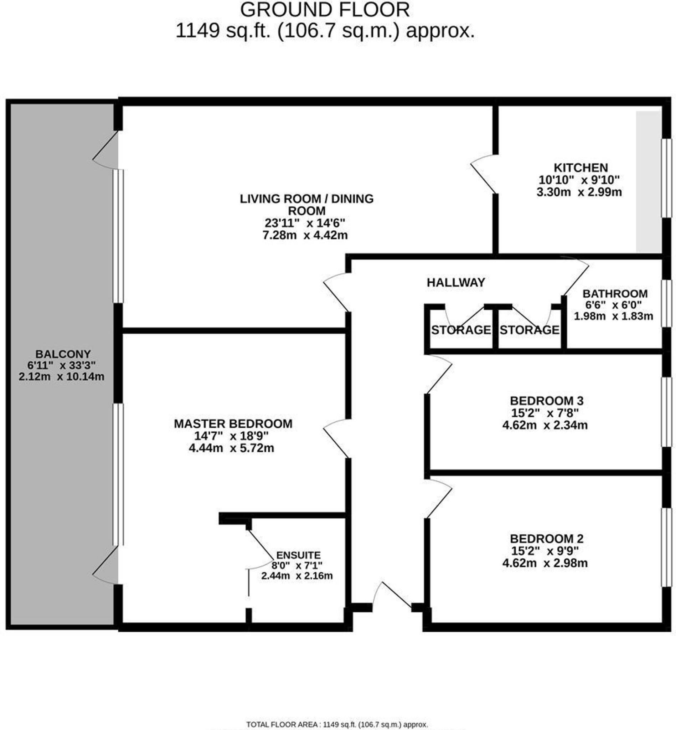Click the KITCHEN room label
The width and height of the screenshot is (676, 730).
click(580, 168)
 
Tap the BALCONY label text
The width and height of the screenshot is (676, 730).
click(63, 354)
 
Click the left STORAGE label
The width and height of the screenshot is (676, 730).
click(460, 330)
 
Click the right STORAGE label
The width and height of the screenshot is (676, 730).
click(529, 330)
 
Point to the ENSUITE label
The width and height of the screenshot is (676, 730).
click(299, 555)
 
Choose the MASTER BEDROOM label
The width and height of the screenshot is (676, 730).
click(233, 423)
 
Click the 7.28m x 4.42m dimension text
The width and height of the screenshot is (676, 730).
click(305, 235)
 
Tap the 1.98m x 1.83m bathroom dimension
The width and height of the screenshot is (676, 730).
click(613, 316)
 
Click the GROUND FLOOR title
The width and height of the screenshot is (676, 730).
click(325, 10)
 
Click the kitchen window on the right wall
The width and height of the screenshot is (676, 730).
click(668, 178)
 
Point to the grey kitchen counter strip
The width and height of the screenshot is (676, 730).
click(648, 181)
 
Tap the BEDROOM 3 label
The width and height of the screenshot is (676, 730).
click(547, 401)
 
